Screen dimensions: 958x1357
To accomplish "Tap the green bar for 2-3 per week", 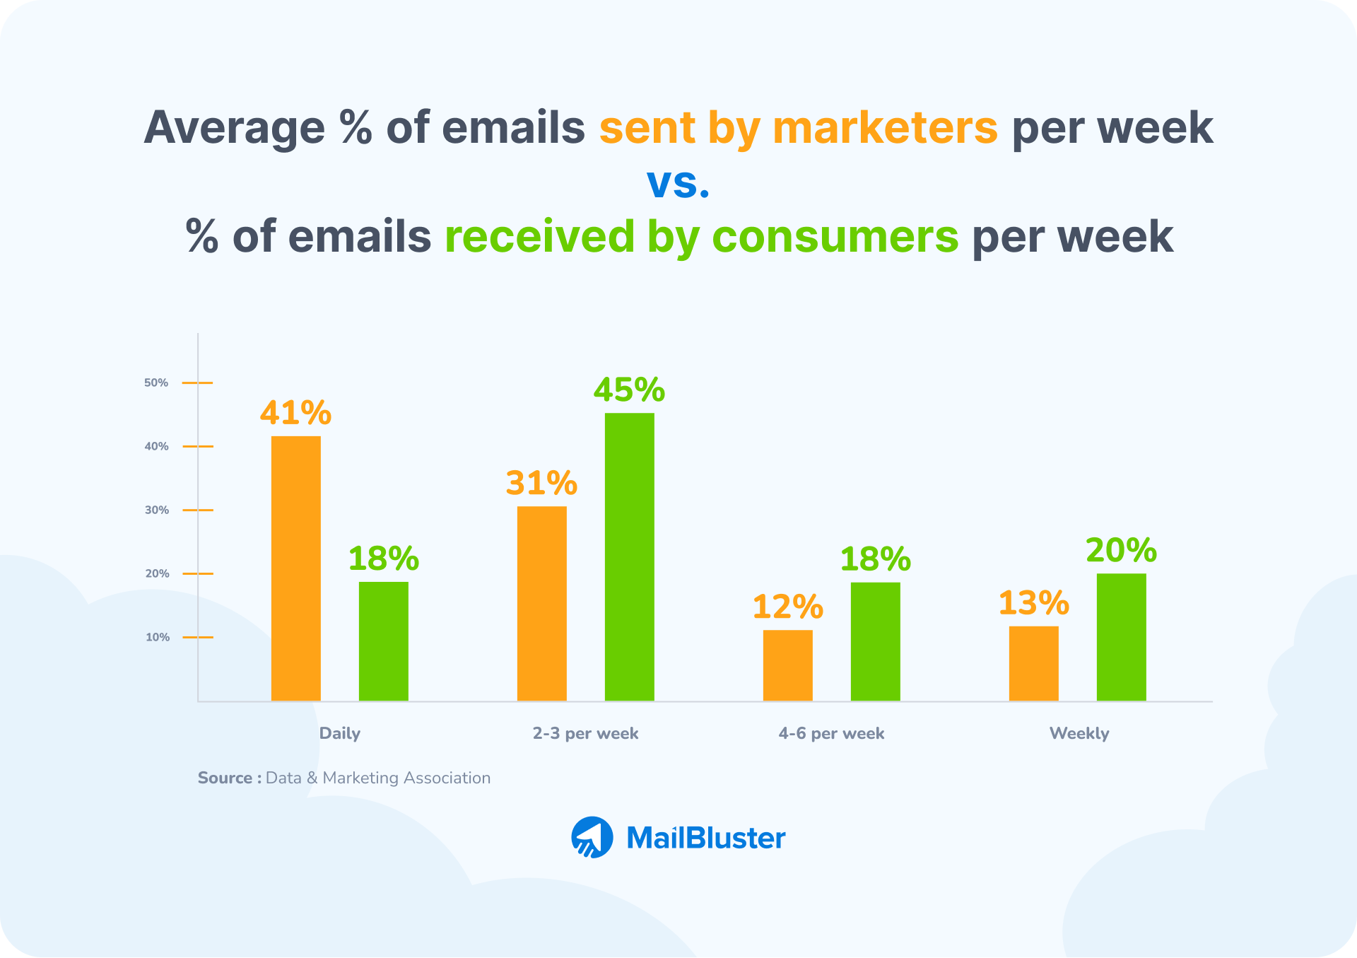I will (629, 556).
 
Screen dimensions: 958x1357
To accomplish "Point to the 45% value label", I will (629, 390).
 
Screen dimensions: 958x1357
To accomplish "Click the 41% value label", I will (295, 413).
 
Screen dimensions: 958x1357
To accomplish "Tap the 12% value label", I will (787, 607).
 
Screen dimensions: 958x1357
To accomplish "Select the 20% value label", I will (1121, 550).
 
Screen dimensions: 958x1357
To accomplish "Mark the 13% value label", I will (1033, 603).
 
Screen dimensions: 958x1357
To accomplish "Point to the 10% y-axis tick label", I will (158, 637).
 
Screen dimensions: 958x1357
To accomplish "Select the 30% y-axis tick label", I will (157, 510).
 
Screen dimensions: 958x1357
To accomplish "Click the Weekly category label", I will (1079, 733).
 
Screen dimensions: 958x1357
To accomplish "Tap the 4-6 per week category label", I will (831, 733).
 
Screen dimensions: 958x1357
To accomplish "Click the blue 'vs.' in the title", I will (678, 182).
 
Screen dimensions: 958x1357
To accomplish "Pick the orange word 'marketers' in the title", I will (885, 128).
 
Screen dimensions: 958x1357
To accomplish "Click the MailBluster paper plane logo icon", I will (592, 838).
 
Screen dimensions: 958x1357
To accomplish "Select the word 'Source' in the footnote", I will (225, 778).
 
